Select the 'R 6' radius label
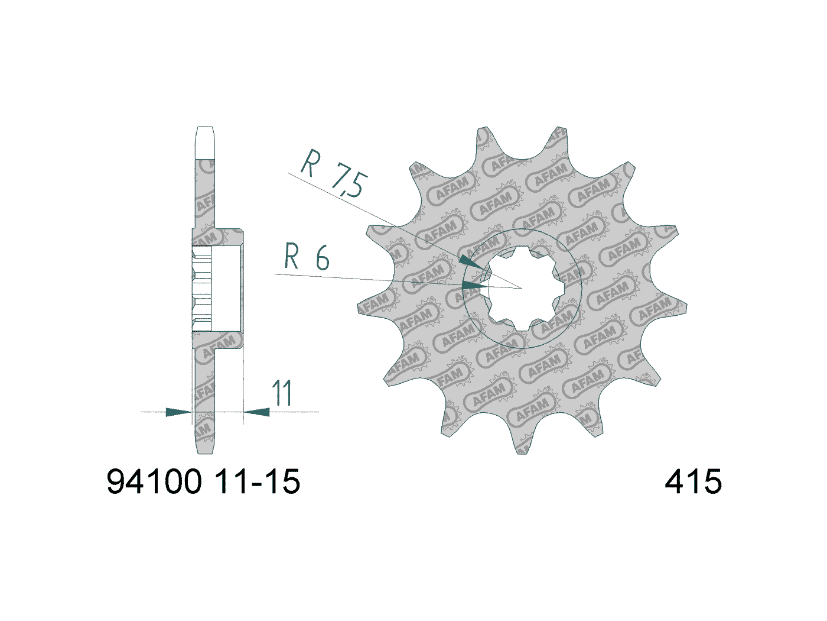[x=307, y=257]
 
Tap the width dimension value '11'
[x=282, y=394]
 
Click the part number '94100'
[x=154, y=481]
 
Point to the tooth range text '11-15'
[x=257, y=481]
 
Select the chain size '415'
[x=693, y=481]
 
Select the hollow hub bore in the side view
[x=226, y=289]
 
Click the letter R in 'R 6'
[x=291, y=257]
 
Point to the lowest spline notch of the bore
[x=521, y=326]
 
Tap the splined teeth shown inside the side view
[x=201, y=289]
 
